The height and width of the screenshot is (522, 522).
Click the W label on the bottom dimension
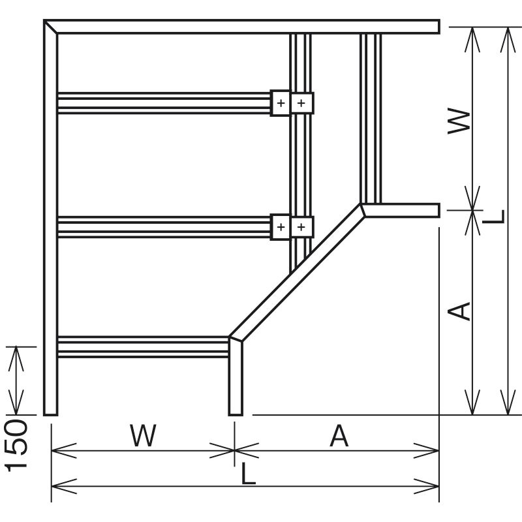pyautogui.click(x=143, y=436)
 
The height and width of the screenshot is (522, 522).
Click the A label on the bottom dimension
pyautogui.click(x=339, y=436)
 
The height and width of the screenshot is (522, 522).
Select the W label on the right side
pyautogui.click(x=461, y=121)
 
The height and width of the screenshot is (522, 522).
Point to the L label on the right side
pyautogui.click(x=496, y=216)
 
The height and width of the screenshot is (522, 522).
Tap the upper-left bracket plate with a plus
pyautogui.click(x=280, y=102)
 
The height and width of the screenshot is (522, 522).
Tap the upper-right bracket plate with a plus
pyautogui.click(x=301, y=102)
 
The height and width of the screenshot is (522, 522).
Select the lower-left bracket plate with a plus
pyautogui.click(x=280, y=227)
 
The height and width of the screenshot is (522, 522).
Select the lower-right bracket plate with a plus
pyautogui.click(x=301, y=227)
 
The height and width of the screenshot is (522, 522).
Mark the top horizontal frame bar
pyautogui.click(x=248, y=26)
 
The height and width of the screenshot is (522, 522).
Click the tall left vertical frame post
pyautogui.click(x=50, y=222)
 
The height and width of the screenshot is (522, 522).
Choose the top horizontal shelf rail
pyautogui.click(x=163, y=102)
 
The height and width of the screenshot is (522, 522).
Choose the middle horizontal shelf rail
pyautogui.click(x=163, y=227)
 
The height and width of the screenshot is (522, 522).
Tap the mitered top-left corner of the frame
pyautogui.click(x=50, y=26)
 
